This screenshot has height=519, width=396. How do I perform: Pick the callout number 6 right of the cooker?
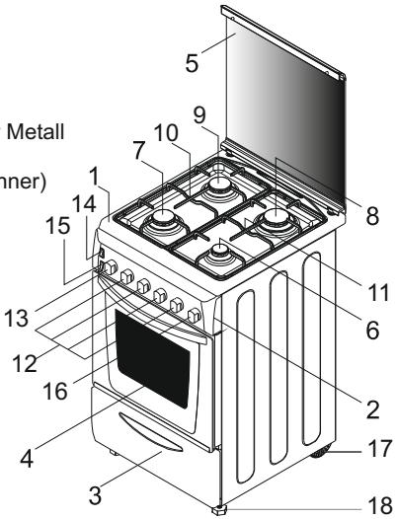click(373, 334)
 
